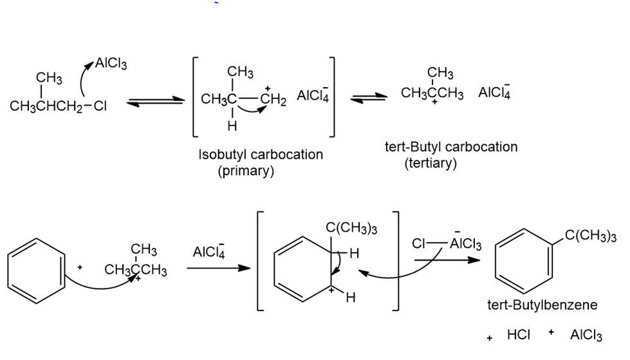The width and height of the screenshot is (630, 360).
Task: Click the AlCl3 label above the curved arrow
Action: coord(111,63)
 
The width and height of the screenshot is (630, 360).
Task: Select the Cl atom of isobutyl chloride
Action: coord(100,106)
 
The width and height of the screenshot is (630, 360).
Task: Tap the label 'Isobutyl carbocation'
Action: coord(261,155)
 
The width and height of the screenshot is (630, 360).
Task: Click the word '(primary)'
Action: coord(246,171)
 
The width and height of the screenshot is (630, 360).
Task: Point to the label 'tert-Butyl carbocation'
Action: coord(450,147)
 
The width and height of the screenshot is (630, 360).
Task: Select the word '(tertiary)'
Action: coord(431,164)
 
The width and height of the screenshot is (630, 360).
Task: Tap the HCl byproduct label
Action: coord(519,336)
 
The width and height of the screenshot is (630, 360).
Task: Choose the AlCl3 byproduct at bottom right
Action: coord(586,336)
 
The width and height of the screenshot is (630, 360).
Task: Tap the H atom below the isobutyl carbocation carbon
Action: coord(232,126)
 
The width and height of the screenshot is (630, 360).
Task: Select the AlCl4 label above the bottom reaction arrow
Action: coord(208,252)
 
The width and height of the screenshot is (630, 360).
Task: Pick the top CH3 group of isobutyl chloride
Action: coord(49,78)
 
